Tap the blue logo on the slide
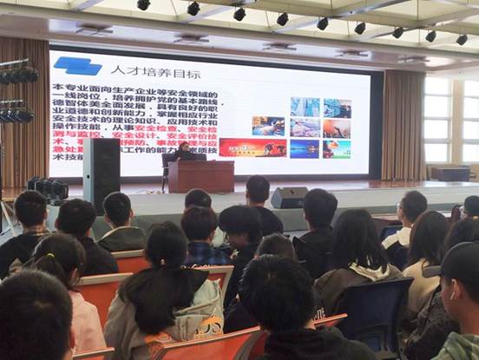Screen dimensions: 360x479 [x=77, y=66]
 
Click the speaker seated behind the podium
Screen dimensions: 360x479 [x=185, y=151]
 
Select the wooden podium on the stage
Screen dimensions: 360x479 [x=200, y=176]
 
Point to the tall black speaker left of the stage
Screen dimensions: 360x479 [x=101, y=173]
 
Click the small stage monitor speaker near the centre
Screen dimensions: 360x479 [x=288, y=198]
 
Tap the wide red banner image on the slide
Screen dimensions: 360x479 [x=253, y=148]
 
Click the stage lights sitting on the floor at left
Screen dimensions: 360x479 [x=48, y=187]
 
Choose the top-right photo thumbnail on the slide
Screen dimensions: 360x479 [x=337, y=108]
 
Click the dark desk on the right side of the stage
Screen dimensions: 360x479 [x=451, y=173]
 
